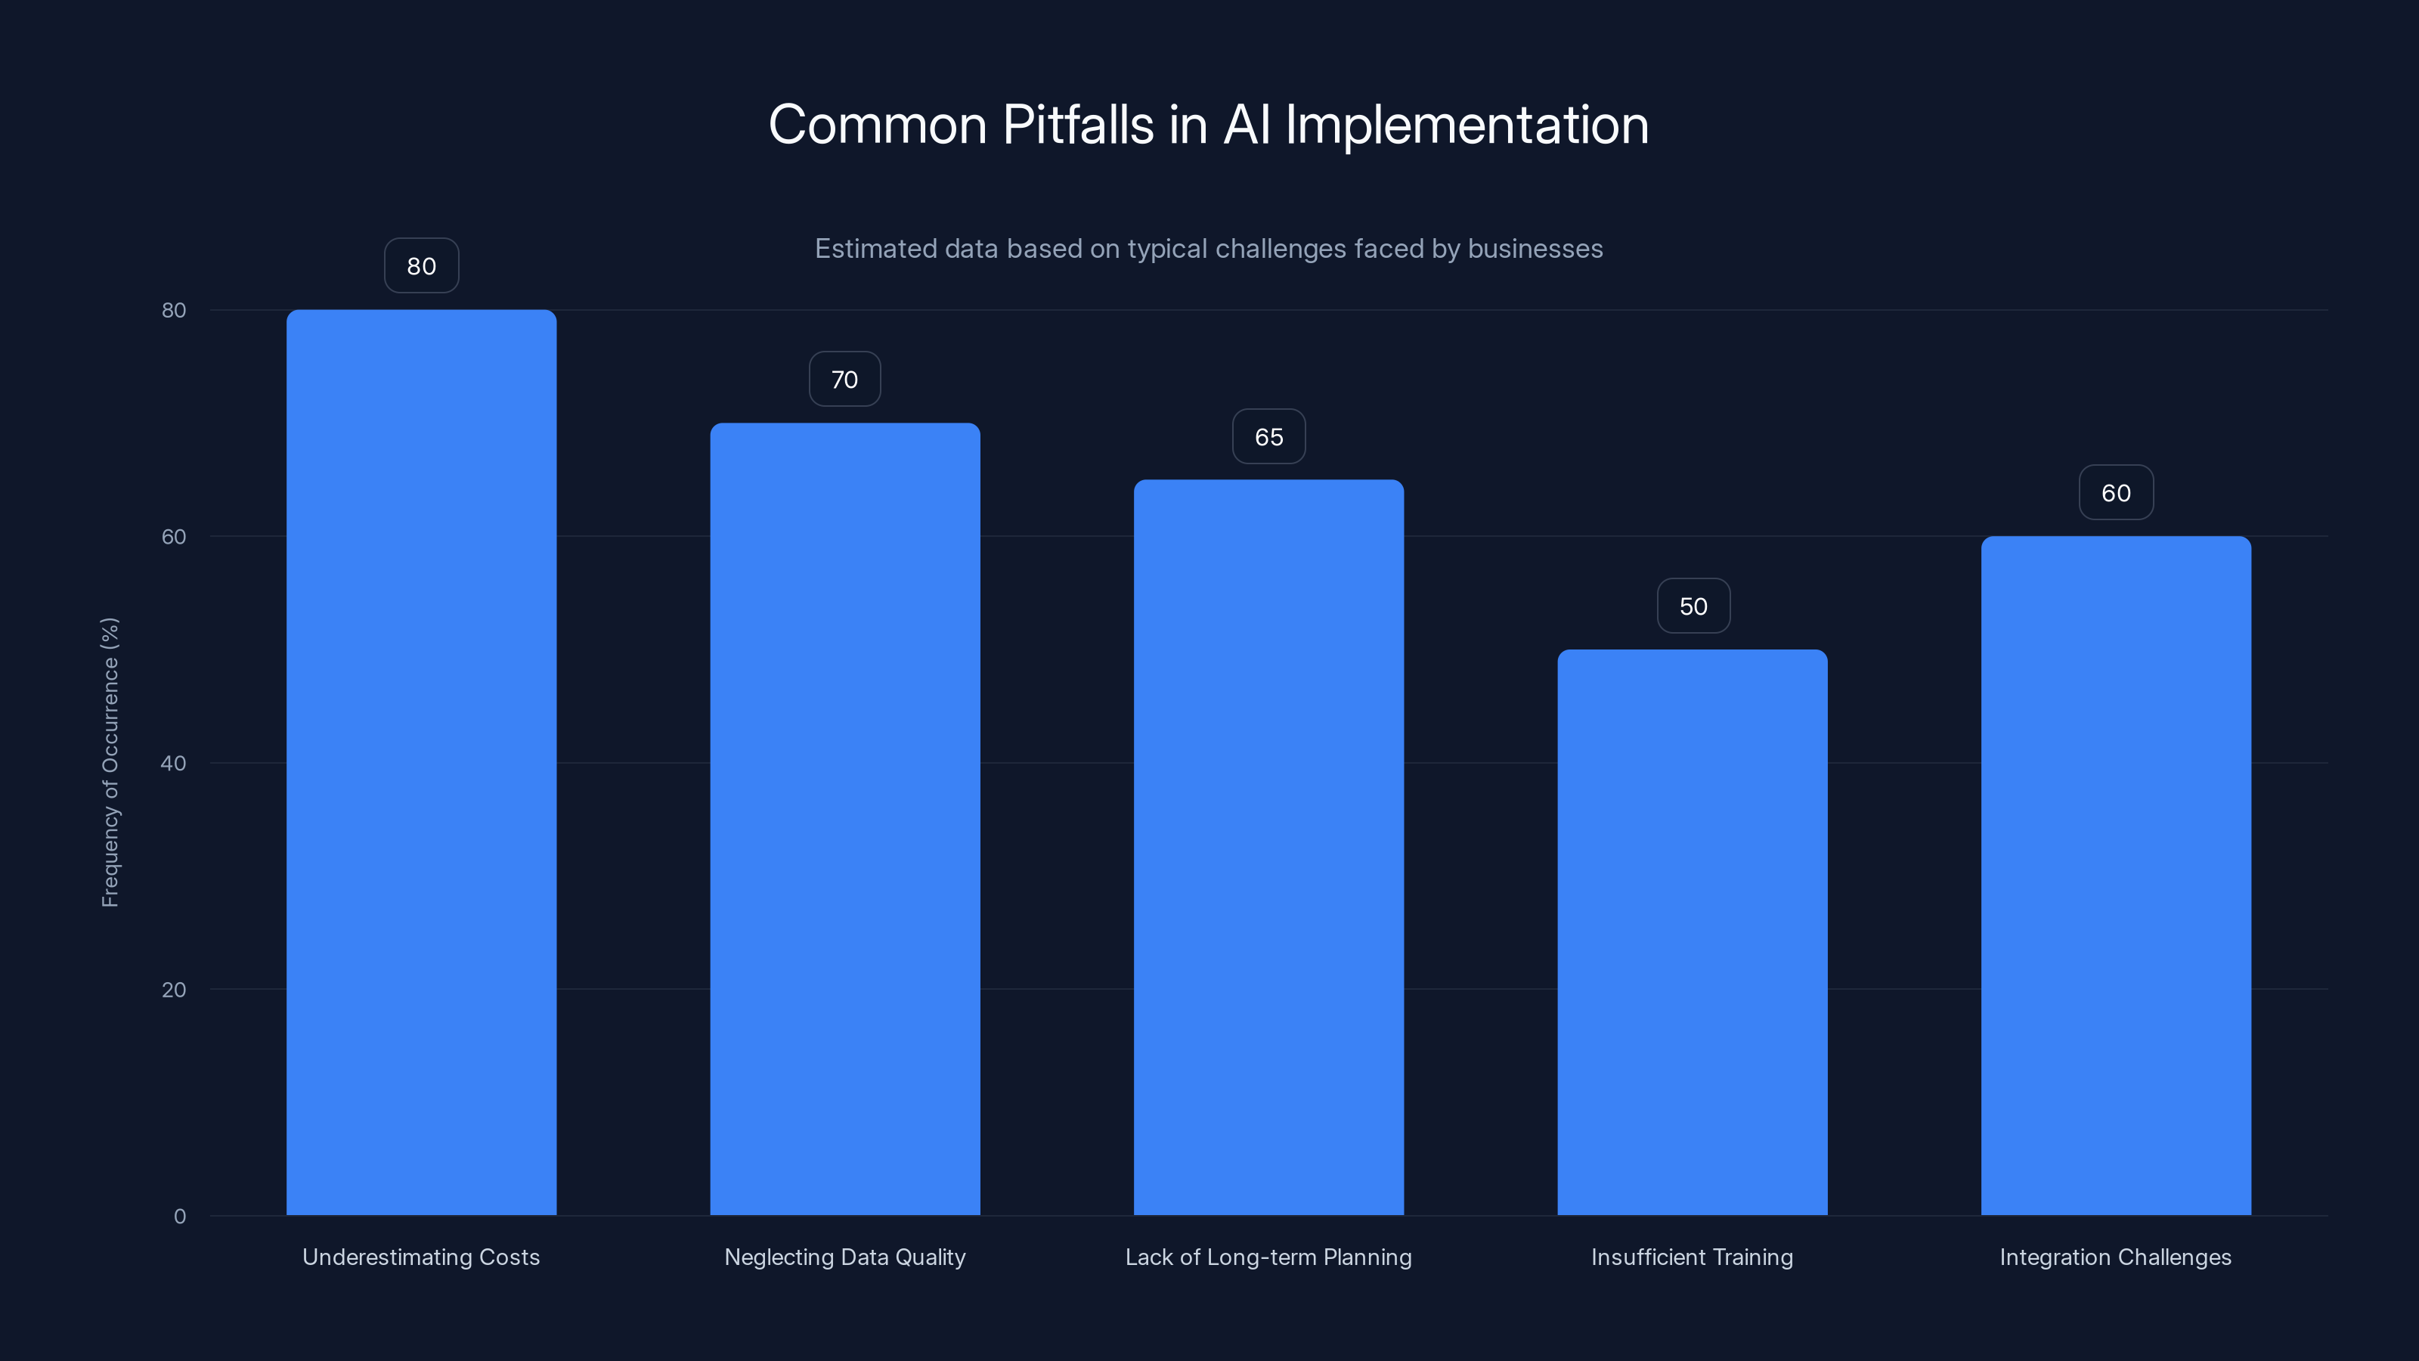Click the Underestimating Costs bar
pyautogui.click(x=421, y=761)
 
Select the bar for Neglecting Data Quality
pyautogui.click(x=844, y=818)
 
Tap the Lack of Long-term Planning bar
pyautogui.click(x=1268, y=846)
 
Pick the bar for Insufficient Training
pyautogui.click(x=1693, y=931)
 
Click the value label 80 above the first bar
pyautogui.click(x=421, y=266)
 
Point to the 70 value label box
pyautogui.click(x=844, y=380)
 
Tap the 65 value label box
pyautogui.click(x=1268, y=437)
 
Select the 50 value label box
pyautogui.click(x=1693, y=606)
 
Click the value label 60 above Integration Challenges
pyautogui.click(x=2116, y=493)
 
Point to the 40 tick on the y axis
pyautogui.click(x=174, y=763)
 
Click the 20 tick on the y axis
pyautogui.click(x=174, y=989)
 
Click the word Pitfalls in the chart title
pyautogui.click(x=1077, y=125)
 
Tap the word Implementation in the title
pyautogui.click(x=1466, y=125)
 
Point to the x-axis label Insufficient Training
pyautogui.click(x=1693, y=1257)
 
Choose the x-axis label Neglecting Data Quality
pyautogui.click(x=844, y=1257)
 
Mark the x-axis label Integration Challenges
pyautogui.click(x=2115, y=1257)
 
